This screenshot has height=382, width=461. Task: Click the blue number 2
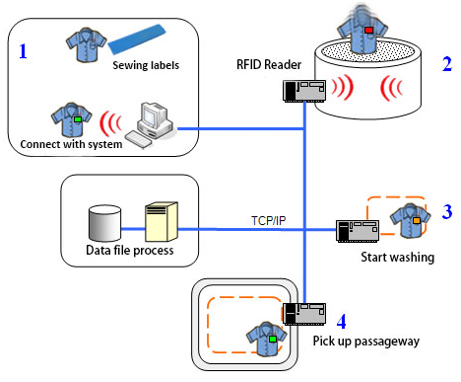[446, 66]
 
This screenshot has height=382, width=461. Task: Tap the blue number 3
[446, 210]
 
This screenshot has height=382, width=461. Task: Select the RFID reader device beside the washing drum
[305, 91]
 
